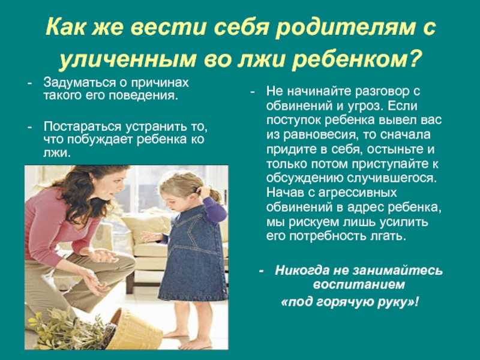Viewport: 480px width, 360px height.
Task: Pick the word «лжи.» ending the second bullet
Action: pyautogui.click(x=57, y=152)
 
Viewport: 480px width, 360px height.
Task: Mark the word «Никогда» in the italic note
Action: pyautogui.click(x=301, y=271)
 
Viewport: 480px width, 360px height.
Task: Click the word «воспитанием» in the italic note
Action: pyautogui.click(x=359, y=284)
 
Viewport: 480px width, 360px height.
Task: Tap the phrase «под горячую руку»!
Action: pyautogui.click(x=350, y=302)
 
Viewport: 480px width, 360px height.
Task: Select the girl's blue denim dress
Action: pyautogui.click(x=193, y=254)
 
